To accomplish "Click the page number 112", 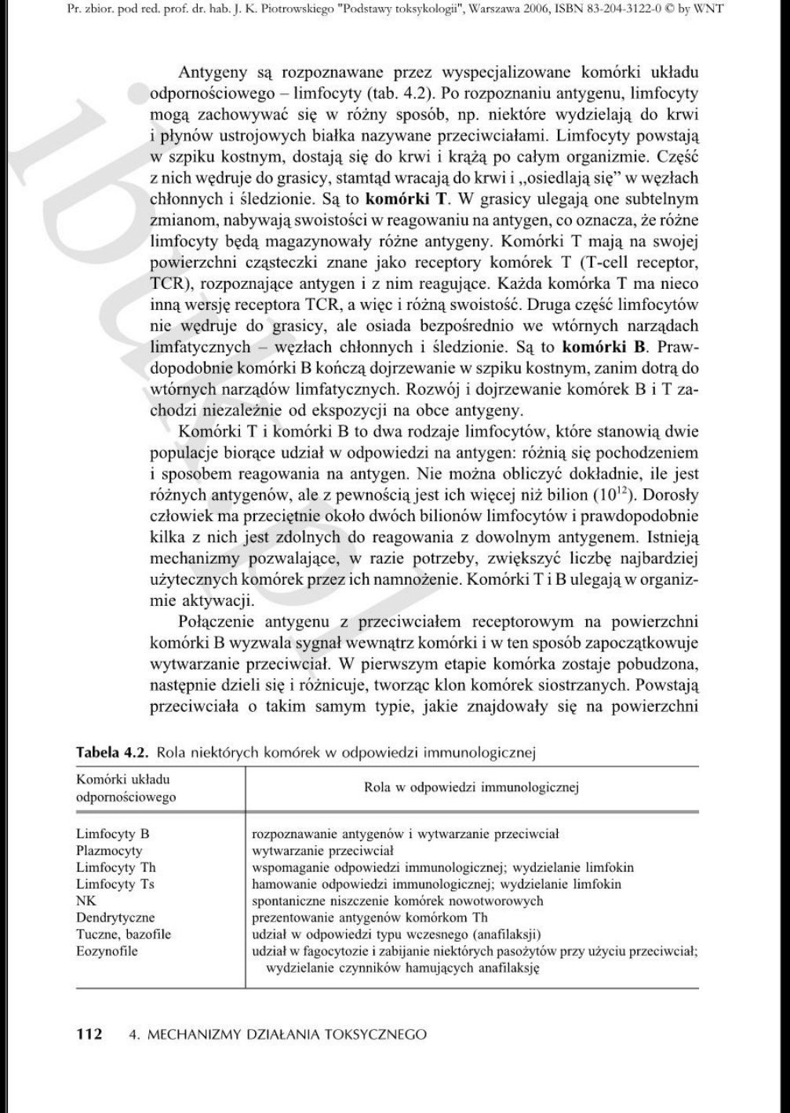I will click(x=89, y=1034).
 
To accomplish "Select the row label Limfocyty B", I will click(x=112, y=834).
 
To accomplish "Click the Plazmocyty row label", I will click(x=109, y=850).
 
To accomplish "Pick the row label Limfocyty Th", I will click(x=115, y=867).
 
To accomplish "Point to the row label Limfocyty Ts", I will click(x=115, y=884).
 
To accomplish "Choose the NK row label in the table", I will click(x=86, y=900).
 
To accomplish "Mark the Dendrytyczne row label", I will click(x=115, y=917).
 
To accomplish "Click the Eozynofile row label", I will click(x=107, y=951).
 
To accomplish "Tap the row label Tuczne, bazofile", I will click(x=123, y=934).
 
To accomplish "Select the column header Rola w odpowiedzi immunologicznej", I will click(x=471, y=788).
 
